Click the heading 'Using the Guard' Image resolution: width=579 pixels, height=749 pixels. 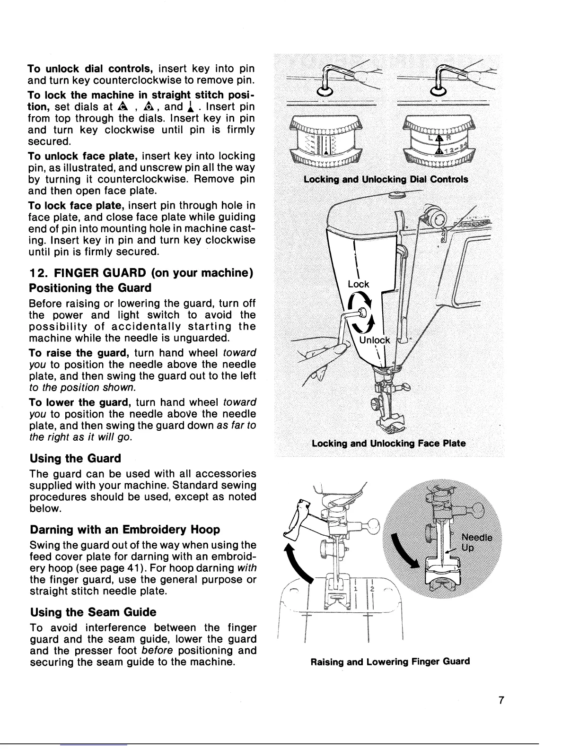(75, 458)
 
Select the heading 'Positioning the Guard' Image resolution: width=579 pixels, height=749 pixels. (90, 288)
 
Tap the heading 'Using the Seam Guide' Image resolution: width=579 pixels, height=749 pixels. (93, 612)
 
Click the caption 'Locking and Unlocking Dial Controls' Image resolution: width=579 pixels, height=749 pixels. (386, 179)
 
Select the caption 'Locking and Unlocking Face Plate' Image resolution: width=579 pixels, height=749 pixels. (388, 444)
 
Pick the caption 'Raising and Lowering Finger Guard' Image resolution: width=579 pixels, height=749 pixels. (390, 661)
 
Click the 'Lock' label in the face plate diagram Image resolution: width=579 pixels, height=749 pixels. (358, 284)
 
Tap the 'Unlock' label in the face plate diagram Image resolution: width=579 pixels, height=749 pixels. (375, 340)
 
